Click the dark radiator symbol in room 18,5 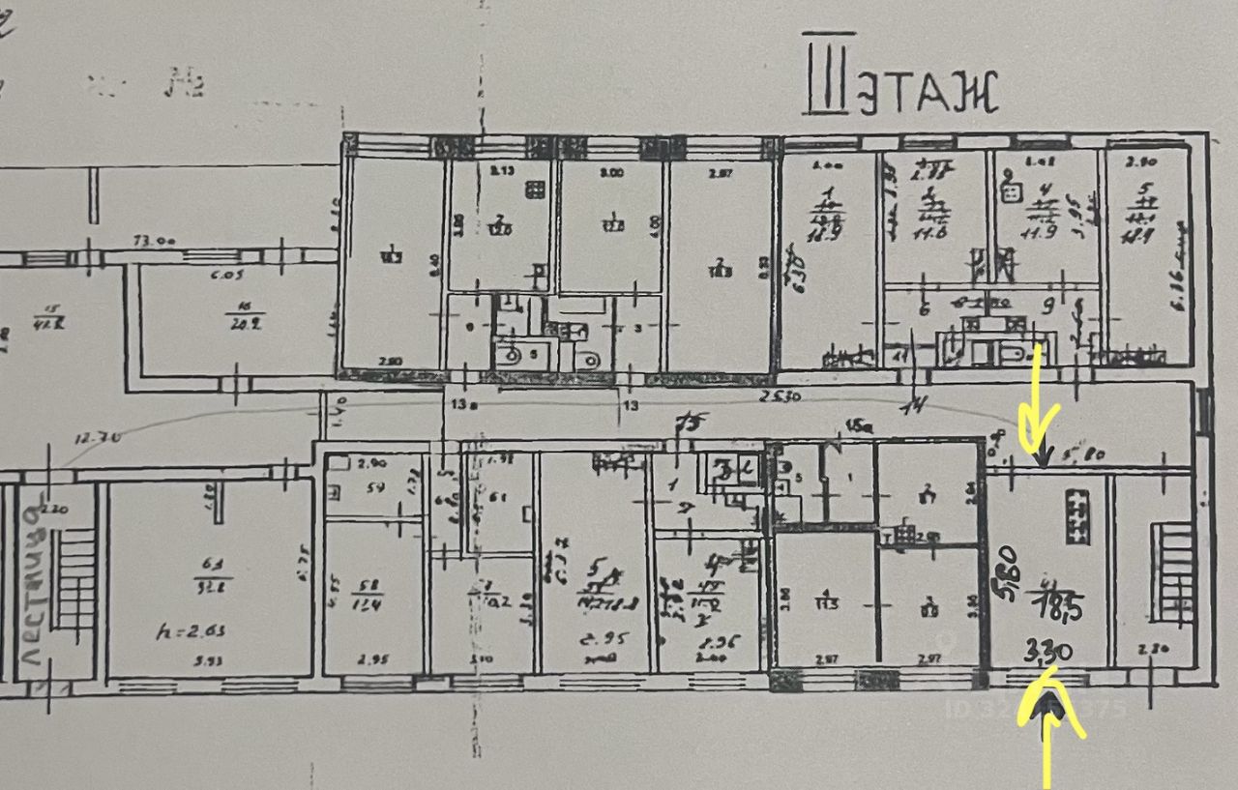pos(1076,515)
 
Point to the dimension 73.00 pos(154,243)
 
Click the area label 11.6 pos(934,233)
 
